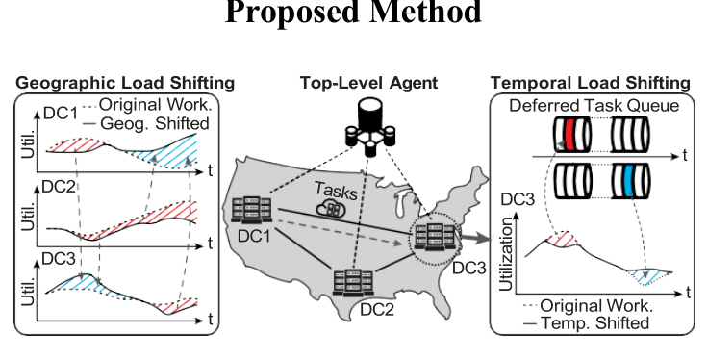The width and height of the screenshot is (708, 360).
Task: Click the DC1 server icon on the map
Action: [252, 208]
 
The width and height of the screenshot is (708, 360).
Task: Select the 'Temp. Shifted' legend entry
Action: [602, 323]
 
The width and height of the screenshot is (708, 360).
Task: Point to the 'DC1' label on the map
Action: [251, 234]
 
